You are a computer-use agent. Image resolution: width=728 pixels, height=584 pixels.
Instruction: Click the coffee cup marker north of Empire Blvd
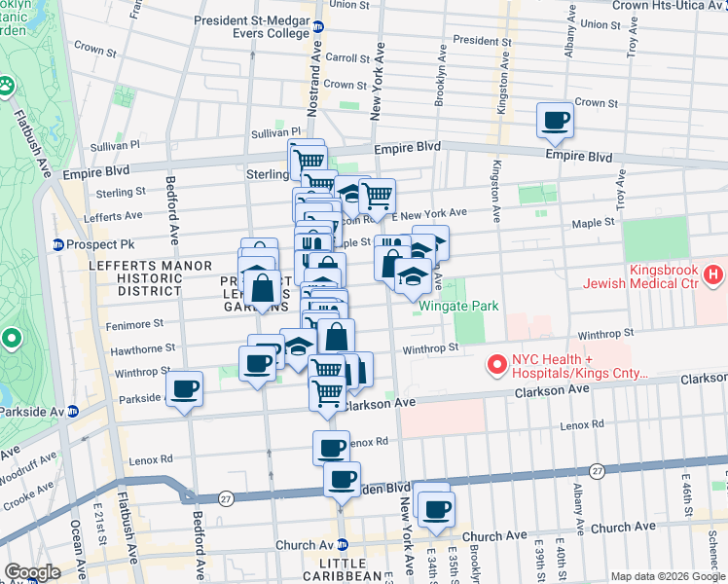(x=555, y=121)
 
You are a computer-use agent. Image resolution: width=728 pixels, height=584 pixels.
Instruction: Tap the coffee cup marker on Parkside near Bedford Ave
(x=184, y=389)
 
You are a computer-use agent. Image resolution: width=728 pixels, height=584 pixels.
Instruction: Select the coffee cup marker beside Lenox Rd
(x=332, y=449)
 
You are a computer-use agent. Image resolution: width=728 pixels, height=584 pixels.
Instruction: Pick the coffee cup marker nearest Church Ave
(x=435, y=506)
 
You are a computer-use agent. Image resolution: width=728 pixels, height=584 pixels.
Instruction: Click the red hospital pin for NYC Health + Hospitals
(x=497, y=366)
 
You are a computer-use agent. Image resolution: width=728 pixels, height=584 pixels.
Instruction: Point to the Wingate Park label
(x=458, y=306)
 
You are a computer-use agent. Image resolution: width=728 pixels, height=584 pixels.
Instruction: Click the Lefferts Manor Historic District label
(x=136, y=278)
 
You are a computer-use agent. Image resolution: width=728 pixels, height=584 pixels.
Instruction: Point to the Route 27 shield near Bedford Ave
(x=227, y=496)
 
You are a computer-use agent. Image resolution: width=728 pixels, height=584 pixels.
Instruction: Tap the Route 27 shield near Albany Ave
(x=598, y=470)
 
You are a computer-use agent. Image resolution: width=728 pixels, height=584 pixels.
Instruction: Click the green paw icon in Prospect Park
(x=9, y=86)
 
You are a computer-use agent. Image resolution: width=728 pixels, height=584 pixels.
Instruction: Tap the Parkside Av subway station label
(x=34, y=410)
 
